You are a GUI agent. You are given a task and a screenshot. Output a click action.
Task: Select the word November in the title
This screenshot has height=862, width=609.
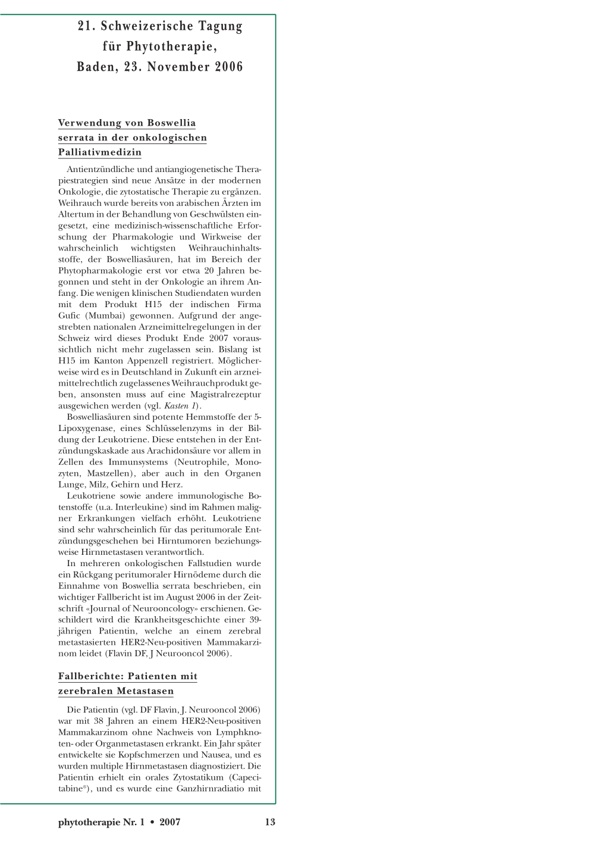[178, 67]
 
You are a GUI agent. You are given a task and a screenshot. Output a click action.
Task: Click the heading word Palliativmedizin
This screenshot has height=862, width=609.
[100, 152]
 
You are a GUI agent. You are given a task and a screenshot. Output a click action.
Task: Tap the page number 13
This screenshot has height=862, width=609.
[270, 822]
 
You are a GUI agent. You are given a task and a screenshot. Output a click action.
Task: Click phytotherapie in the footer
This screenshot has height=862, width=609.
[89, 823]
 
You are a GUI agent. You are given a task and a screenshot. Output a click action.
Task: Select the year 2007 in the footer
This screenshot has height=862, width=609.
[170, 822]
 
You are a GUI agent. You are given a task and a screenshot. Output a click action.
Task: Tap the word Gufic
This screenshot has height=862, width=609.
[68, 316]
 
